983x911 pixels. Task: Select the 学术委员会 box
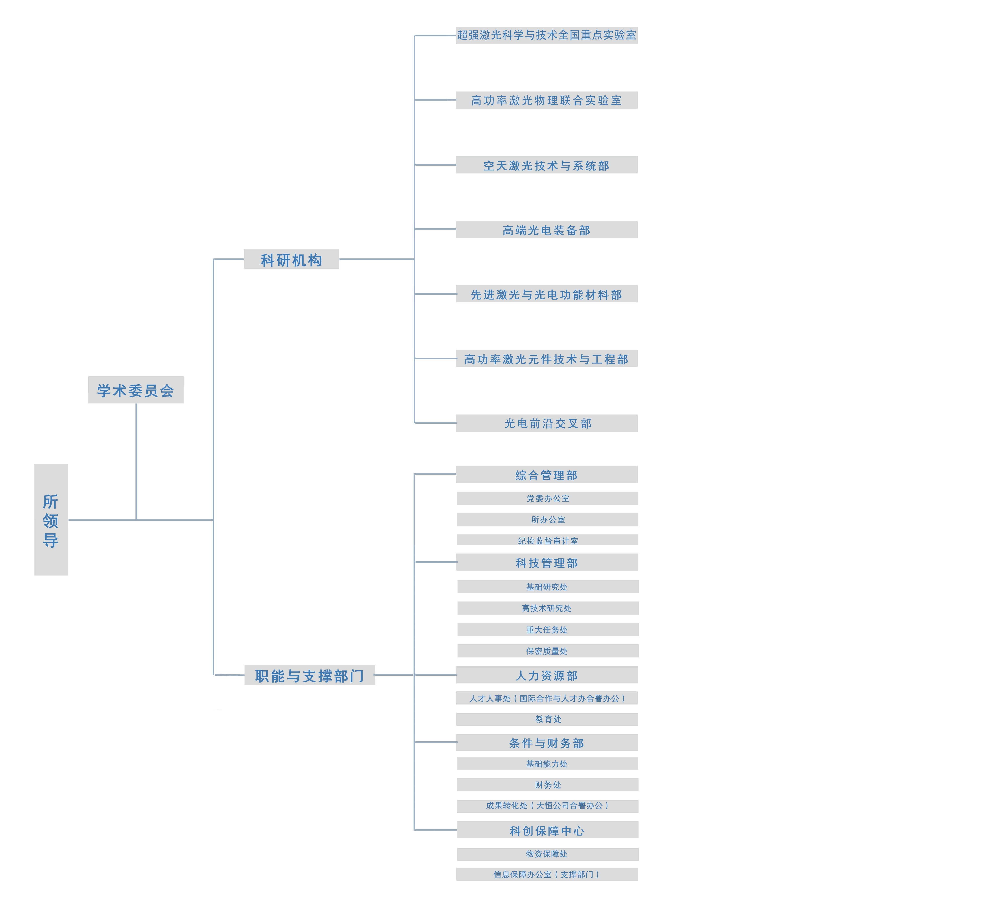(x=135, y=390)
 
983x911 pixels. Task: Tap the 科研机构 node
(x=291, y=259)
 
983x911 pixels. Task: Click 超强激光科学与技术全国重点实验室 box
(x=546, y=35)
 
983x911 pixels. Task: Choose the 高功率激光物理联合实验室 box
(x=546, y=100)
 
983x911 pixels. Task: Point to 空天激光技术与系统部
(x=546, y=165)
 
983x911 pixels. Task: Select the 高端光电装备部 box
(x=546, y=230)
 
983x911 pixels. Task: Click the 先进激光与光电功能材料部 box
(x=546, y=294)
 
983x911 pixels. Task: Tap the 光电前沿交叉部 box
(x=546, y=423)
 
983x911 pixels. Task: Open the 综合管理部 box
(x=546, y=475)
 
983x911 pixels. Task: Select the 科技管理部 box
(x=547, y=562)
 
